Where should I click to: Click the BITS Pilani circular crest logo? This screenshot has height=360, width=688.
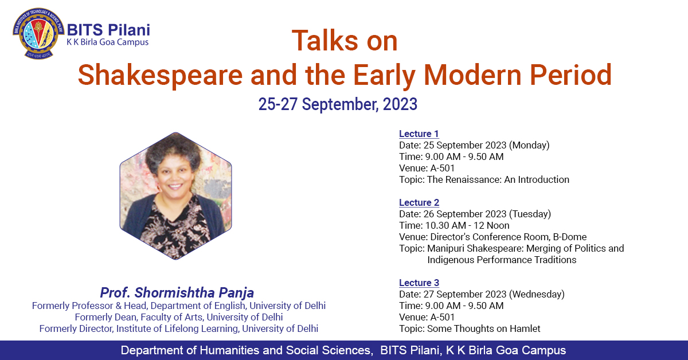(38, 33)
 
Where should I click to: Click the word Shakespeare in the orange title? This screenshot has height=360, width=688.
(160, 75)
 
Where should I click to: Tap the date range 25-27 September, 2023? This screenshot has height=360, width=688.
(338, 104)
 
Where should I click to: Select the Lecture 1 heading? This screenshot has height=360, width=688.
(419, 134)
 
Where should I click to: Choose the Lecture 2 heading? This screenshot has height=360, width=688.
(419, 203)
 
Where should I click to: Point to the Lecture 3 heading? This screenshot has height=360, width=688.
(419, 283)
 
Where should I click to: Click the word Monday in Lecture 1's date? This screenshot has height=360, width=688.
(529, 145)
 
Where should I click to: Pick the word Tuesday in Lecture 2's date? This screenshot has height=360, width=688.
(530, 214)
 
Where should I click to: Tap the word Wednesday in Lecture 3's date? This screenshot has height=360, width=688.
(537, 294)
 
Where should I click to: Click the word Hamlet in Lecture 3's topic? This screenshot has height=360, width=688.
(525, 328)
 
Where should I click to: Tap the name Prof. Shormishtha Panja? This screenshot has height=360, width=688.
(177, 293)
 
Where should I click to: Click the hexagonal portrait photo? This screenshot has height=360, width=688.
(175, 196)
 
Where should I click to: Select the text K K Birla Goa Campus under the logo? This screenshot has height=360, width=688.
(108, 42)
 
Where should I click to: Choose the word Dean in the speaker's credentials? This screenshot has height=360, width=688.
(127, 318)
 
